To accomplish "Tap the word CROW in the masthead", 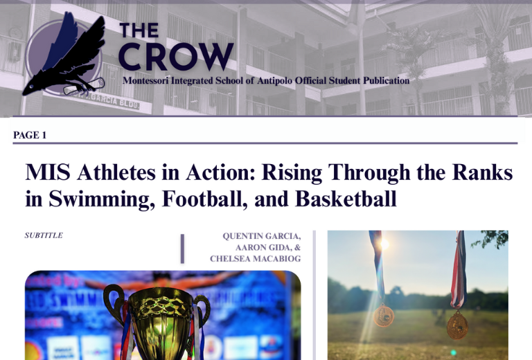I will click(x=175, y=57).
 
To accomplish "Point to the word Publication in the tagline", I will click(x=381, y=81).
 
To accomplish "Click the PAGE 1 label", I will click(x=30, y=135).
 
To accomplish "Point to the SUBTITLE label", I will click(x=44, y=235).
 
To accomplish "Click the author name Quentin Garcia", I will click(x=261, y=236).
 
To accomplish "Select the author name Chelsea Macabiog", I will click(x=255, y=259).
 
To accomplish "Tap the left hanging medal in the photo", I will click(x=383, y=316).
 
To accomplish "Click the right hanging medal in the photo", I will click(x=456, y=323).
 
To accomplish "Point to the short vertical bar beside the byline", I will click(x=182, y=249).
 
